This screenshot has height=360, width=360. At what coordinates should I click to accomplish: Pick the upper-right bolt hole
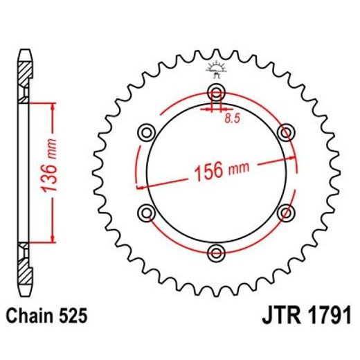point(285,132)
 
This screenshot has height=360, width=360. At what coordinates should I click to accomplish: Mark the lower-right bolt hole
point(285,211)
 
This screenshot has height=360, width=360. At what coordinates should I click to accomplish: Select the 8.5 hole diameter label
point(232,119)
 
